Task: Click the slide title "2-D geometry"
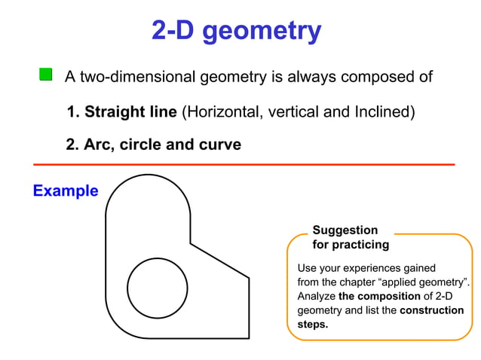[236, 32]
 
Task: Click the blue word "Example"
[66, 191]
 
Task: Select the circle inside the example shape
[157, 288]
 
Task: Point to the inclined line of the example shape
[219, 260]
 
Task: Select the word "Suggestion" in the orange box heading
[345, 230]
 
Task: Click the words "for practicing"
[351, 245]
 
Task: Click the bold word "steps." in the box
[313, 325]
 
